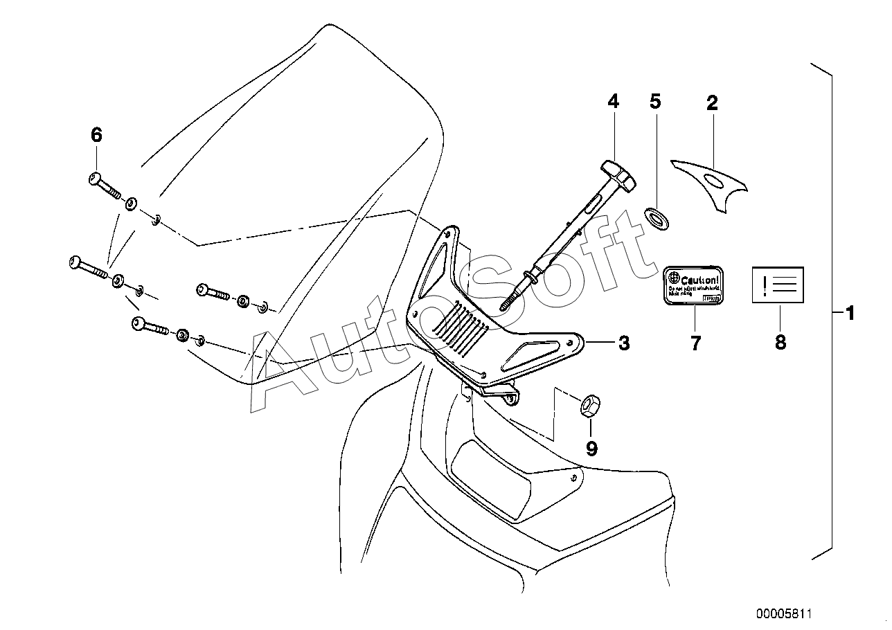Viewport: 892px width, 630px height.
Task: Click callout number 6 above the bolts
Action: (x=96, y=135)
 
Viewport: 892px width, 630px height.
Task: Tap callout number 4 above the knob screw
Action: (x=613, y=101)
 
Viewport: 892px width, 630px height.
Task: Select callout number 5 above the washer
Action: (x=655, y=101)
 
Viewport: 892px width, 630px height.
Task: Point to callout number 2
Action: (x=712, y=103)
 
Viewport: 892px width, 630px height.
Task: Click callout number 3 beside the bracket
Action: (x=623, y=342)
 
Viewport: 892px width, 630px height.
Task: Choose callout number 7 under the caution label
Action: (x=695, y=342)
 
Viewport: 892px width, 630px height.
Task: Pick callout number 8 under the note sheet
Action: (x=780, y=342)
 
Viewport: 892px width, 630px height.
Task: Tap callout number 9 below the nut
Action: (x=591, y=449)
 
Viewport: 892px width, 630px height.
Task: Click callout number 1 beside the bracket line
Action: (x=850, y=314)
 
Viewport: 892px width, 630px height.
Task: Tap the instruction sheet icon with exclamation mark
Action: (x=778, y=285)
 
